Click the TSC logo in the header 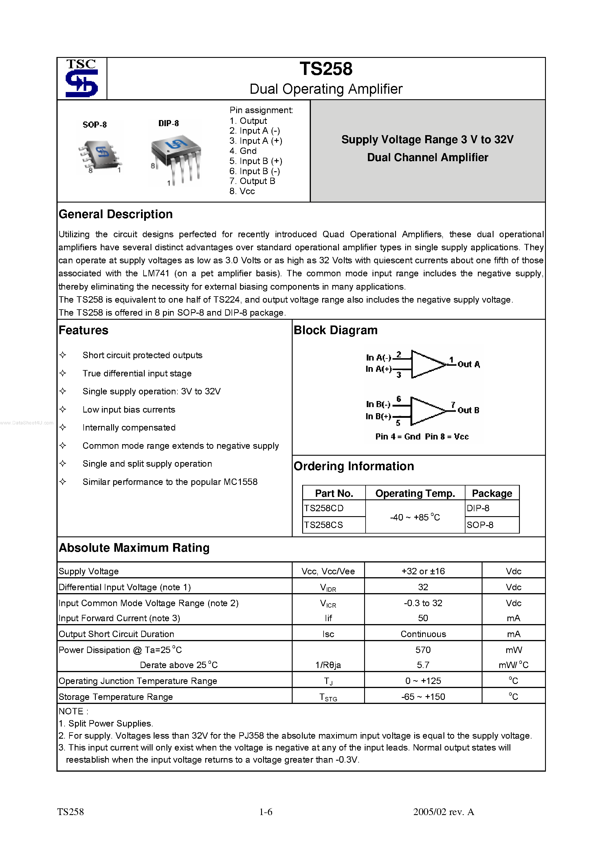pyautogui.click(x=81, y=78)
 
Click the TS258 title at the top pyautogui.click(x=326, y=69)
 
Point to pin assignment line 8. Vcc pyautogui.click(x=242, y=191)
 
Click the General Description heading pyautogui.click(x=115, y=214)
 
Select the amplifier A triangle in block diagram pyautogui.click(x=428, y=364)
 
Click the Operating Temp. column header pyautogui.click(x=415, y=493)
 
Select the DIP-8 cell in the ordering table pyautogui.click(x=478, y=508)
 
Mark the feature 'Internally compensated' pyautogui.click(x=129, y=428)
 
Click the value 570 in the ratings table pyautogui.click(x=423, y=650)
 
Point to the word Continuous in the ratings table pyautogui.click(x=423, y=634)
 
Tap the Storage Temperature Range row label pyautogui.click(x=116, y=697)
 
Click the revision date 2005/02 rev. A pyautogui.click(x=443, y=812)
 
